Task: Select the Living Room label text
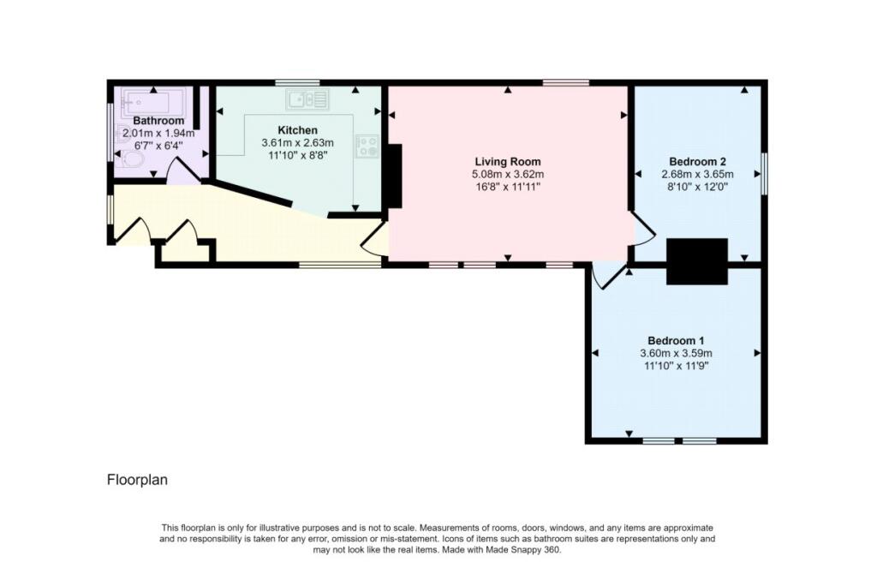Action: (508, 162)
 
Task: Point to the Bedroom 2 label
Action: (697, 162)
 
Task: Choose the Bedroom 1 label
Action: (676, 341)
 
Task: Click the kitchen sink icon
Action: (307, 99)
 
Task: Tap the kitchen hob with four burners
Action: (367, 146)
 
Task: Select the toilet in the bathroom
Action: (132, 161)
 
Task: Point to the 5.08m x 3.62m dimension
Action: (508, 175)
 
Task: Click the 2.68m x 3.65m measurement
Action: (697, 175)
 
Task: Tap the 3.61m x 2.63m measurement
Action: (297, 143)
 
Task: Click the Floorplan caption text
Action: (137, 480)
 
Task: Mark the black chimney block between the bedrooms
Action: (697, 261)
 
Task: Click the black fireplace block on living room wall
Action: (395, 176)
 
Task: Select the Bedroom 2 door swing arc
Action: (644, 230)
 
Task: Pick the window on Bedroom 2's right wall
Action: (764, 174)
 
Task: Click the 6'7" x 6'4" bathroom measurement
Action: (158, 146)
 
